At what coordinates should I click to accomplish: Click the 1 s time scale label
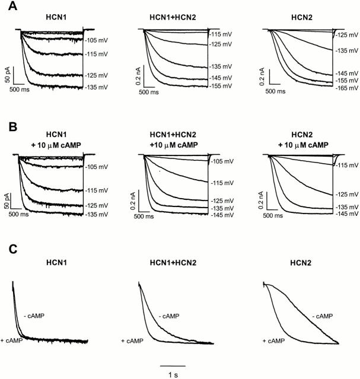point(174,374)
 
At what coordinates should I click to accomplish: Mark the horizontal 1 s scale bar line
point(173,365)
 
